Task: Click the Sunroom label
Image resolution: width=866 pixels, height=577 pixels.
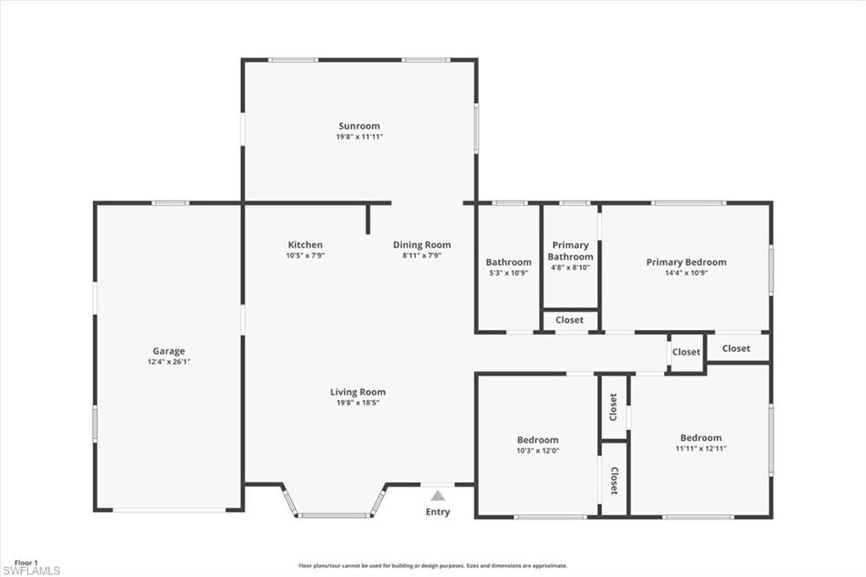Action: [359, 126]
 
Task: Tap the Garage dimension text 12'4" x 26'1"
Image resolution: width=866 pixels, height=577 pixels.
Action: [168, 361]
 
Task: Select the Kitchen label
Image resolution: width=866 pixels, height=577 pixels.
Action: [304, 245]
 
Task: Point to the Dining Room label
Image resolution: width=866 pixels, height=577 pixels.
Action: [421, 245]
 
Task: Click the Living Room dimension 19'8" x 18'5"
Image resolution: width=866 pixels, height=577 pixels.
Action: [358, 403]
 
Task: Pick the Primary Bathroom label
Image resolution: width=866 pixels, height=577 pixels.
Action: [570, 250]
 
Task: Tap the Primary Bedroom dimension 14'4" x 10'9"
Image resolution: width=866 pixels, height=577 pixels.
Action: [686, 272]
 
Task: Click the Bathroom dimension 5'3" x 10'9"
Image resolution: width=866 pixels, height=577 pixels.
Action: [508, 272]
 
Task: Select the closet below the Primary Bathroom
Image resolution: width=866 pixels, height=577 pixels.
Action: [570, 321]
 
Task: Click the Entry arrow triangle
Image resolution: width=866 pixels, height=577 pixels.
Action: [437, 496]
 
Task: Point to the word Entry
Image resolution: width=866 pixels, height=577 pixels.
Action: [437, 512]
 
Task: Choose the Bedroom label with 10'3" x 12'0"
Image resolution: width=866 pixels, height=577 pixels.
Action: [538, 439]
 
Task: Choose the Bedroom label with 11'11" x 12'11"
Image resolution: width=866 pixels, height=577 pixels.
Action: [701, 437]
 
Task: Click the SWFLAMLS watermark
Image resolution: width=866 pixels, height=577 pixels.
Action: [30, 571]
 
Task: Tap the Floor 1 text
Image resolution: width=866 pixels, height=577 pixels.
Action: [27, 562]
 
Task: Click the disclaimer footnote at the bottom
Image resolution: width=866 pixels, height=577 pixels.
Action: [432, 566]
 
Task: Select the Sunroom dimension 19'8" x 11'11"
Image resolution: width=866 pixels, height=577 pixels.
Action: [359, 136]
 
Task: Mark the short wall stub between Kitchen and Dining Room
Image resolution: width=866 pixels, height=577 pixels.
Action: [369, 218]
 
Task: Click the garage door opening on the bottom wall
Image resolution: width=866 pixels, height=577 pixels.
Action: [169, 510]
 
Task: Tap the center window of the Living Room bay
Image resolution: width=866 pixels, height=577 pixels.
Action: [334, 515]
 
